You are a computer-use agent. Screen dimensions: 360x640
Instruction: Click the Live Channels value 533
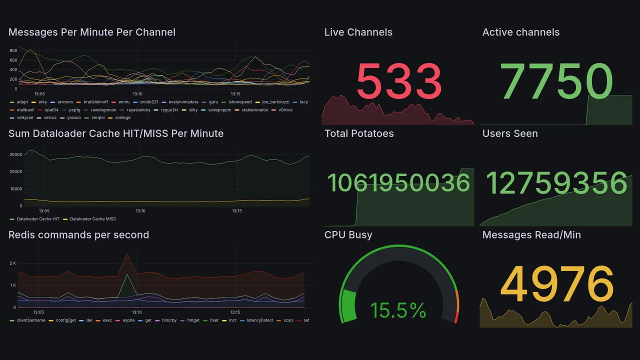click(399, 81)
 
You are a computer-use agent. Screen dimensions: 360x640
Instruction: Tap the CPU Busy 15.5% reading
click(398, 310)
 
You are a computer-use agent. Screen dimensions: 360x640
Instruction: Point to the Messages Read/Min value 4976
click(556, 284)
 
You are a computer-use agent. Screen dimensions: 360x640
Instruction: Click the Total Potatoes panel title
click(358, 133)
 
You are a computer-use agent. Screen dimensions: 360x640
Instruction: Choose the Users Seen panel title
click(510, 133)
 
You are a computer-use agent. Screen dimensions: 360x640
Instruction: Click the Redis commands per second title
click(78, 235)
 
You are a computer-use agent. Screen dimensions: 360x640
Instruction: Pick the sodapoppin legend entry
click(219, 110)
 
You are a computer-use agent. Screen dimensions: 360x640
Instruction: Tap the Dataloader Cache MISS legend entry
click(92, 219)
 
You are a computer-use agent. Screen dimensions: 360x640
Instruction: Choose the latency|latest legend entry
click(259, 320)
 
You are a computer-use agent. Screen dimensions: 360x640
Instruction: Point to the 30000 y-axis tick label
click(16, 154)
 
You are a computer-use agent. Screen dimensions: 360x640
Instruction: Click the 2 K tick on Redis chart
click(13, 263)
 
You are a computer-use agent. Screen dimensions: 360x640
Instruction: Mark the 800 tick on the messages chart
click(13, 50)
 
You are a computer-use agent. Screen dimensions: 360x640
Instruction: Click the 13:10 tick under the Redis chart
click(137, 312)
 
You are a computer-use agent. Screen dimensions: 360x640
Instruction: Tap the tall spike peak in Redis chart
click(127, 253)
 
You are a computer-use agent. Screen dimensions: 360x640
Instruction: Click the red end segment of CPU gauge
click(455, 317)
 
